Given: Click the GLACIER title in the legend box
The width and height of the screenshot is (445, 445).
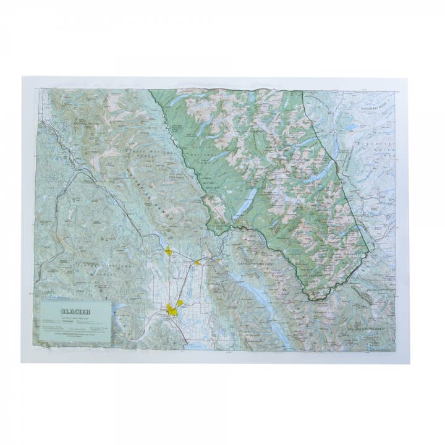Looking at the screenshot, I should pos(75,311).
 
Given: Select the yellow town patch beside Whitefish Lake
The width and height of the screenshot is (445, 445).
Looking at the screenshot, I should pos(168,251).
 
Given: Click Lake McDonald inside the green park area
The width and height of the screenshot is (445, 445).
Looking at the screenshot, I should pos(245,201).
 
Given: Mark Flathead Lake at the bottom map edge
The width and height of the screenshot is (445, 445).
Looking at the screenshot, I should pos(198,346).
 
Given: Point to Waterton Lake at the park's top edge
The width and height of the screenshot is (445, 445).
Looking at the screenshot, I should pos(253,97).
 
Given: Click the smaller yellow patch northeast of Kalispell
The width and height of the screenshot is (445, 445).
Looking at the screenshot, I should pos(180,303).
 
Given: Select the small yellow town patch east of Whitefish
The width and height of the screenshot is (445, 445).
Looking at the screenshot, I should pos(197,262).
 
